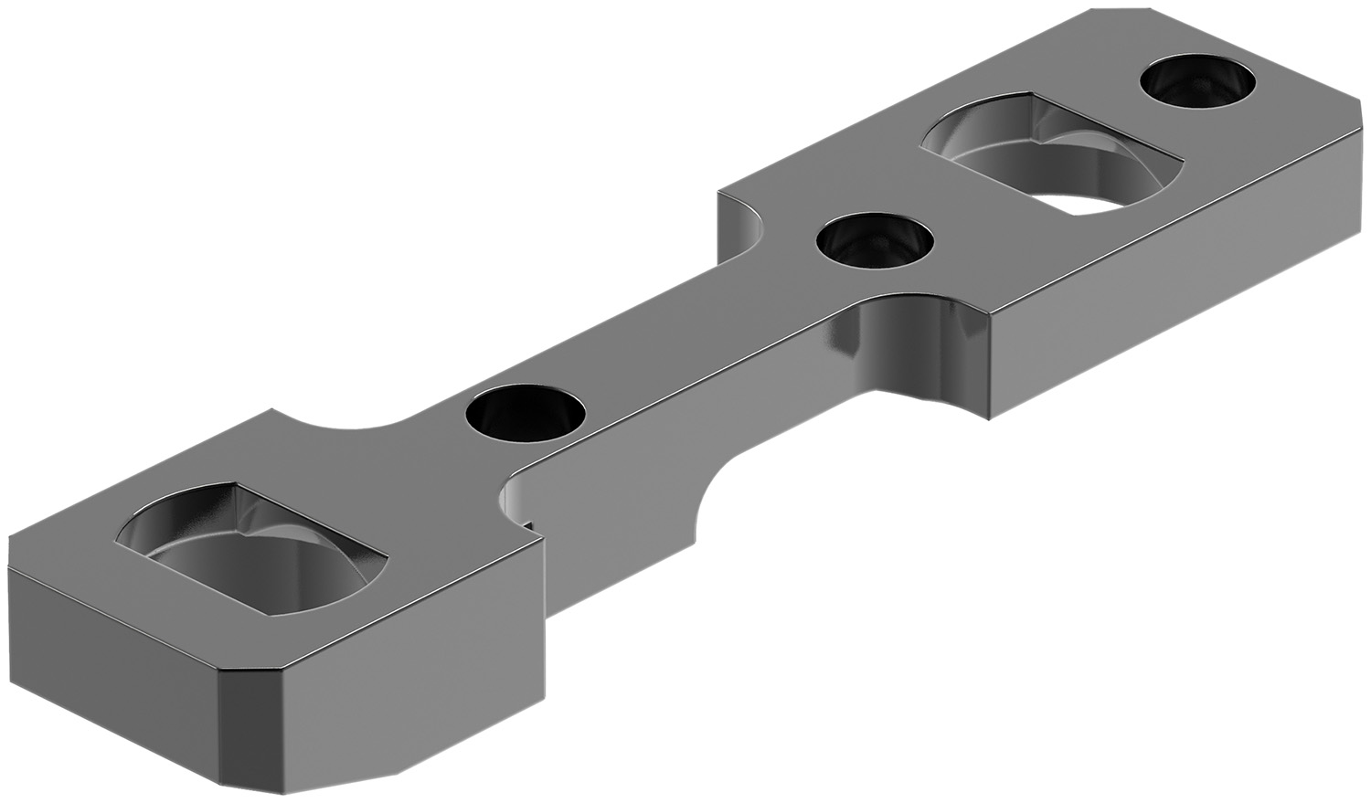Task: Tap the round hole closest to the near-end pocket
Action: click(524, 413)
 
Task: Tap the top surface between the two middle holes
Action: click(695, 329)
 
